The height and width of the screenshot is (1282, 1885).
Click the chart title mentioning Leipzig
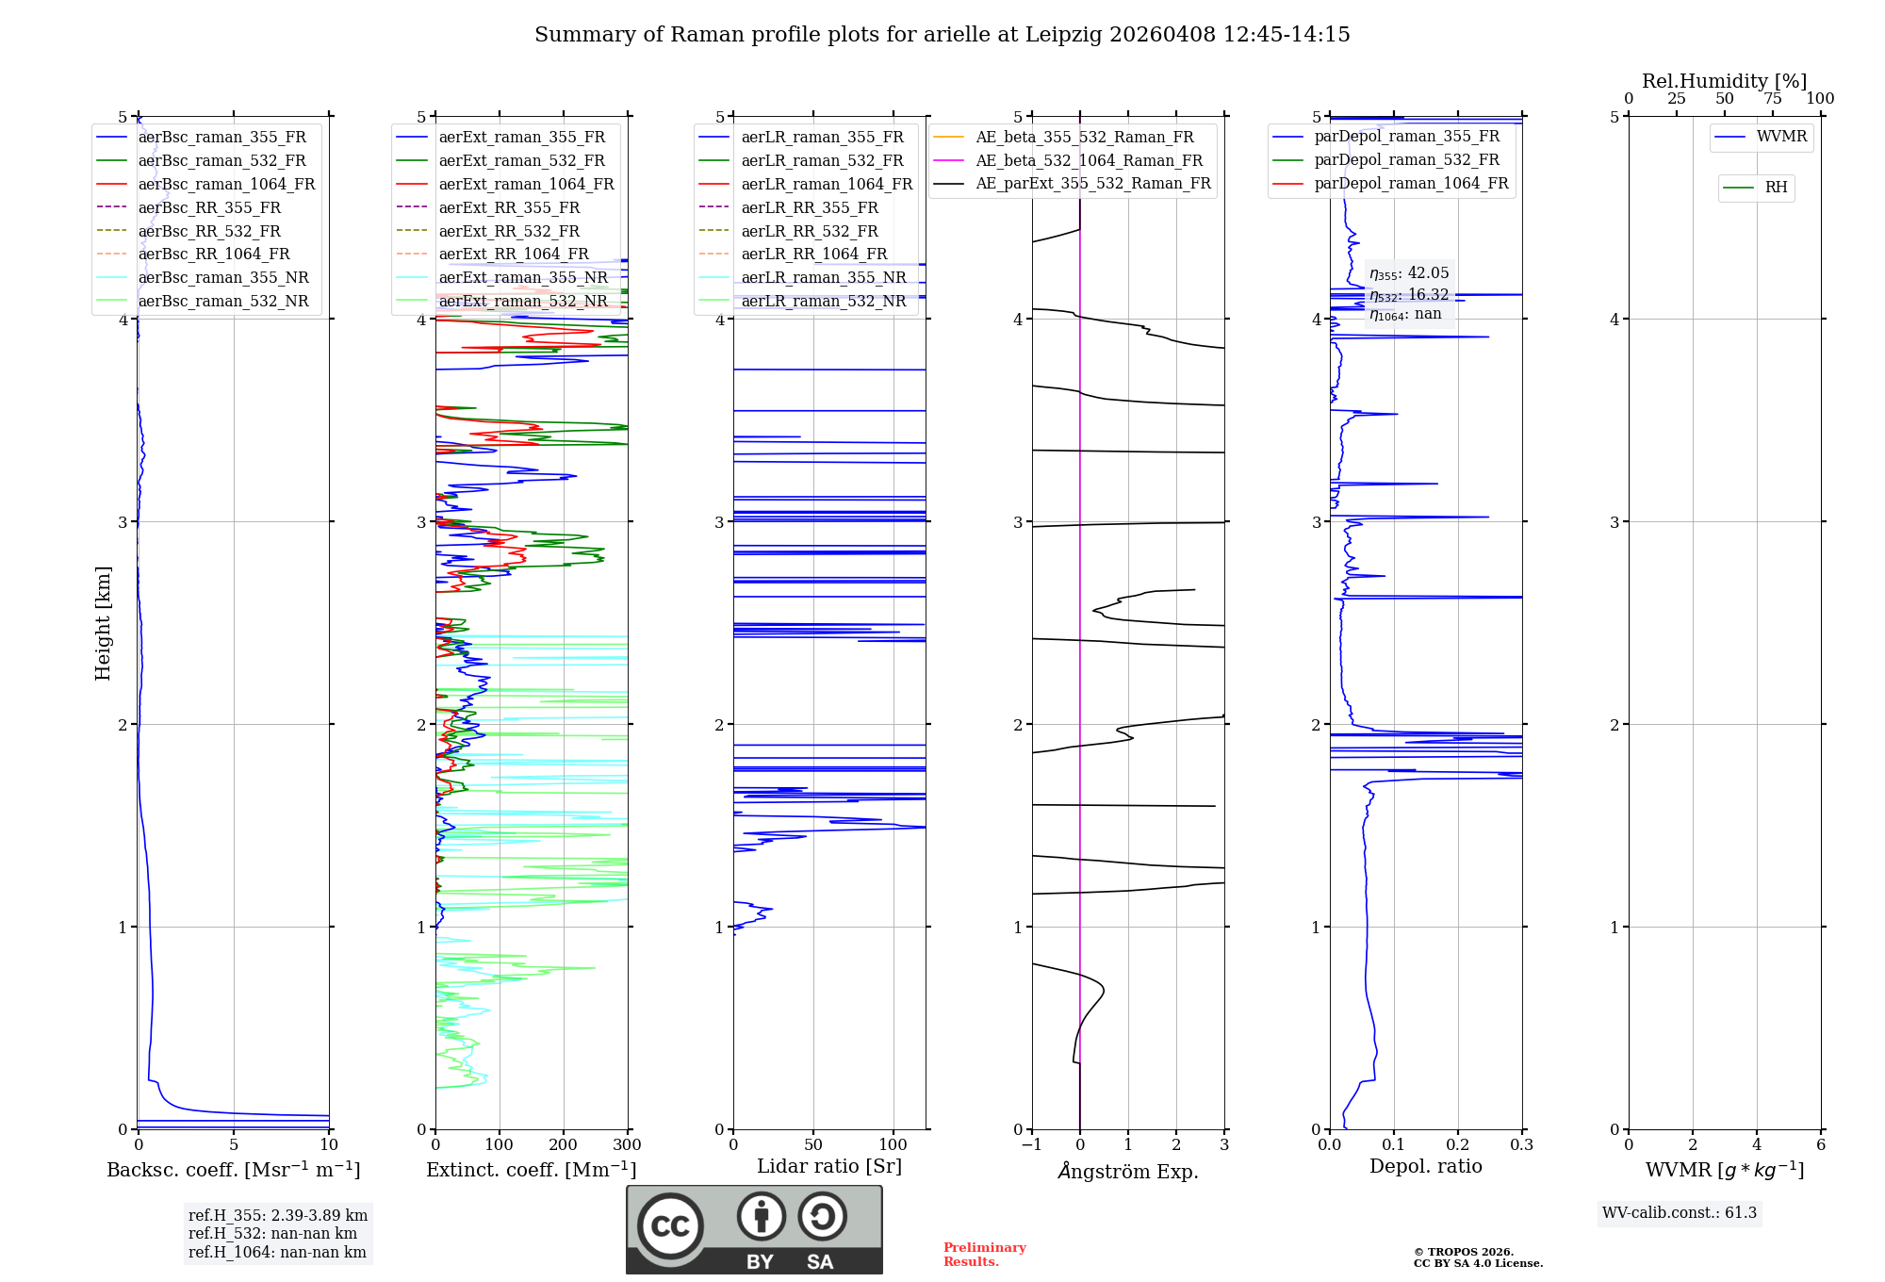click(x=942, y=35)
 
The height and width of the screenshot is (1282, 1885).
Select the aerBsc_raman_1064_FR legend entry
click(x=226, y=184)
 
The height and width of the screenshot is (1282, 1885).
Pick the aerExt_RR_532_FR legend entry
click(x=509, y=231)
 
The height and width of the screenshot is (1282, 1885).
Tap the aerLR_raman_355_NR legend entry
click(x=823, y=277)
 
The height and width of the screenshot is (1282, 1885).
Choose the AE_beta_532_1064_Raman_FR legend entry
click(x=1089, y=160)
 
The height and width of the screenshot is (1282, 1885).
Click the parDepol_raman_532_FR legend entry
click(x=1406, y=160)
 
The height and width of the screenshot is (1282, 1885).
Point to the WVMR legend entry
click(x=1781, y=137)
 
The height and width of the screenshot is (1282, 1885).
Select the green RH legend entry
click(x=1776, y=188)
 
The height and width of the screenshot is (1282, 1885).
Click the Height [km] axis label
click(x=103, y=622)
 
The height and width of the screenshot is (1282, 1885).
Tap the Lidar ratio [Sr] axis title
click(x=829, y=1166)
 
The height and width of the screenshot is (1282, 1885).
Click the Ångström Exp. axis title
click(x=1128, y=1171)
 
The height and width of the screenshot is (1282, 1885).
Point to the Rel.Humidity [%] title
click(x=1724, y=81)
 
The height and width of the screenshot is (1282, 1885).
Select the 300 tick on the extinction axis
click(x=627, y=1145)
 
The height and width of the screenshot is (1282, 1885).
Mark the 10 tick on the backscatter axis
click(x=329, y=1145)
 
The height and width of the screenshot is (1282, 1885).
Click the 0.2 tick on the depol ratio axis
click(x=1458, y=1145)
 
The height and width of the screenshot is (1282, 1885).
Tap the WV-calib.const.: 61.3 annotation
click(x=1680, y=1213)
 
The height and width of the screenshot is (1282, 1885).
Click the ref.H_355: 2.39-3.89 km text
click(x=277, y=1215)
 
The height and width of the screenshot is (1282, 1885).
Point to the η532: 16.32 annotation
click(x=1409, y=295)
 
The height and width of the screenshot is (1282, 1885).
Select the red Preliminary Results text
click(x=984, y=1255)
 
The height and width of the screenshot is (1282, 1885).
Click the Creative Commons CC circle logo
click(x=670, y=1226)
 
